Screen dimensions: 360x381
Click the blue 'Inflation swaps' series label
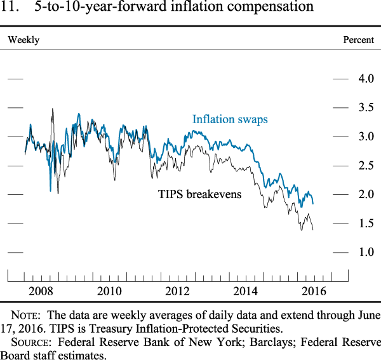click(230, 119)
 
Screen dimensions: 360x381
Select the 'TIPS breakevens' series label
click(200, 194)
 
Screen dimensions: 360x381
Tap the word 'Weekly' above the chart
click(23, 40)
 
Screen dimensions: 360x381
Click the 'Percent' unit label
click(359, 40)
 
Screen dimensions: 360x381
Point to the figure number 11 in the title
click(15, 8)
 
